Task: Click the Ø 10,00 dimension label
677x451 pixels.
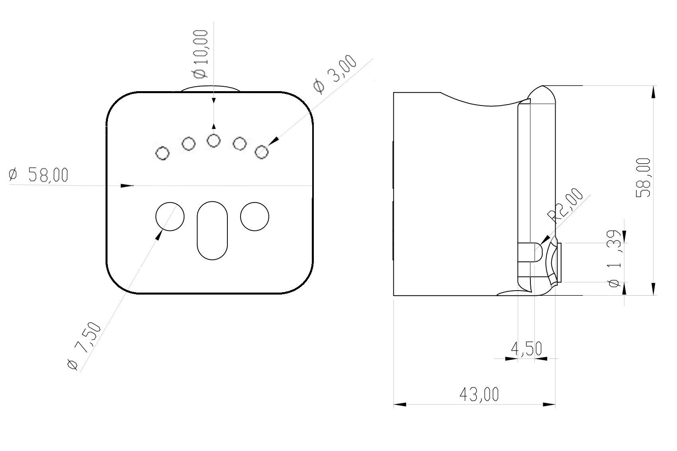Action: pyautogui.click(x=200, y=54)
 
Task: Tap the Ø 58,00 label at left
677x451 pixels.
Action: pyautogui.click(x=39, y=175)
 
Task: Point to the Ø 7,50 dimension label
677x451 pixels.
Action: pyautogui.click(x=84, y=346)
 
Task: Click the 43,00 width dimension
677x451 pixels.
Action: pyautogui.click(x=479, y=394)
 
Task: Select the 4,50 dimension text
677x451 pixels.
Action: pyautogui.click(x=526, y=349)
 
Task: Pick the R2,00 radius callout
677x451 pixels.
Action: pyautogui.click(x=565, y=205)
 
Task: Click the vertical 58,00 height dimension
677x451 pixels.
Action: pyautogui.click(x=643, y=178)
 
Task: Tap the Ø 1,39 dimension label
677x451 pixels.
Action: pyautogui.click(x=614, y=259)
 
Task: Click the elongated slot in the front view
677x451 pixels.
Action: pyautogui.click(x=212, y=230)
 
